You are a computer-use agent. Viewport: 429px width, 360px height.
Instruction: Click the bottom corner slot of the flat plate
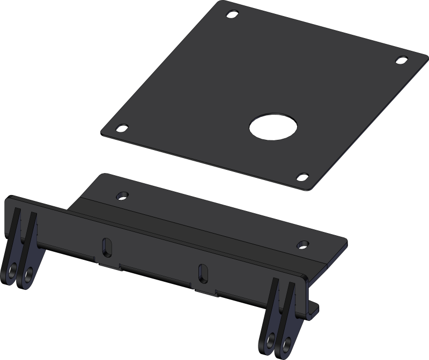tap(302, 176)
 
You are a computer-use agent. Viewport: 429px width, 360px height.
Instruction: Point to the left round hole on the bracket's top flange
tap(122, 193)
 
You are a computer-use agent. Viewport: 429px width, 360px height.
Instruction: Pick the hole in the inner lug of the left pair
tap(25, 277)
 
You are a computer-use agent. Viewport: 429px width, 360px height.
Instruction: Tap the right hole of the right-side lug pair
tap(288, 341)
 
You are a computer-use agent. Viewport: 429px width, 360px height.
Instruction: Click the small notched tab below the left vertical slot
tap(107, 262)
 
